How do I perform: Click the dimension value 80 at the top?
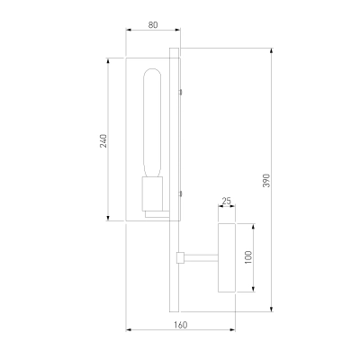(x=153, y=25)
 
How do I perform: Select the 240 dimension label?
(x=103, y=140)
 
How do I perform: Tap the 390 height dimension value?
(x=266, y=180)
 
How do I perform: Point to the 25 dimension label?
(x=227, y=201)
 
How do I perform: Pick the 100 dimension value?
(x=248, y=257)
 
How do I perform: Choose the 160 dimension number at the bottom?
(x=181, y=325)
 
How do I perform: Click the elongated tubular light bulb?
(x=152, y=123)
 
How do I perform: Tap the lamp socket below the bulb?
(x=152, y=193)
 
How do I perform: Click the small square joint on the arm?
(x=180, y=257)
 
